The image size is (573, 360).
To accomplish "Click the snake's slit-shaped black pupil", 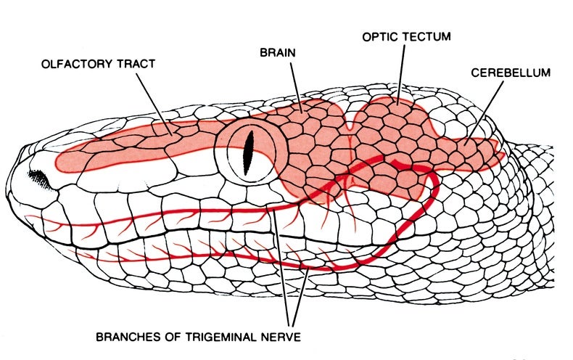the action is click(249, 153).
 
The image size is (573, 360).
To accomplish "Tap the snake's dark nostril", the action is click(38, 178).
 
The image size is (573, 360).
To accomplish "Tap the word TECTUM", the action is click(426, 36).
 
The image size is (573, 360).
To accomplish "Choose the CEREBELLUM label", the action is click(511, 73).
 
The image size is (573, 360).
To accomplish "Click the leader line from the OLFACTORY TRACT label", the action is click(154, 105).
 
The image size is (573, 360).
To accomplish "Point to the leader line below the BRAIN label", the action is click(297, 87).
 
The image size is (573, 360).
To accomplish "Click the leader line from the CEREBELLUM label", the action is click(484, 113).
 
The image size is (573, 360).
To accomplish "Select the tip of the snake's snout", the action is click(7, 183).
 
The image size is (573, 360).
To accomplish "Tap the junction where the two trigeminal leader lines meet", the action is click(291, 325).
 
